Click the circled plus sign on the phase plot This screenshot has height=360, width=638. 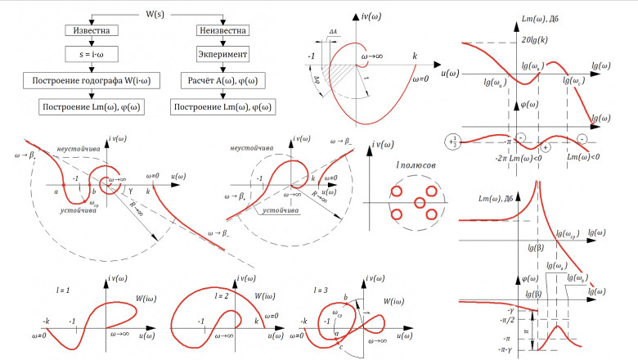coord(545,147)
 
